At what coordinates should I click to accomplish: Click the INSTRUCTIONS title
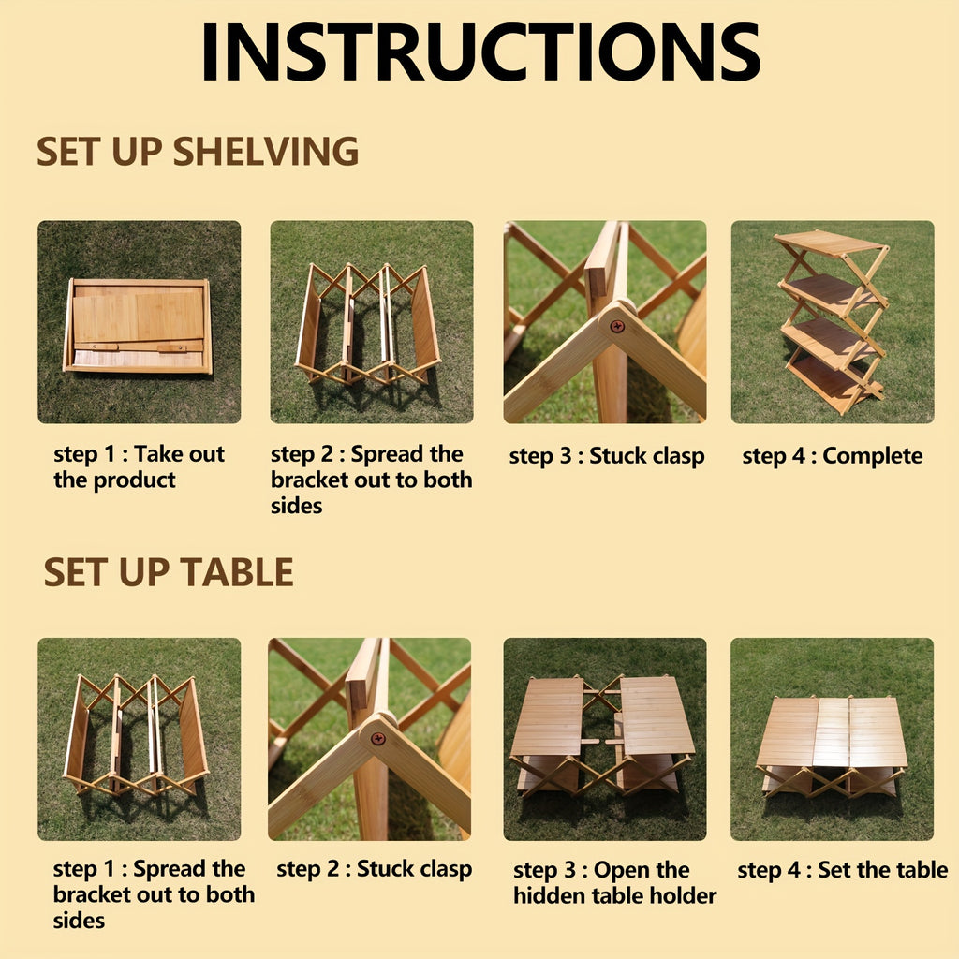click(479, 52)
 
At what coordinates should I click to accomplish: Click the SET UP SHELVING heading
click(198, 152)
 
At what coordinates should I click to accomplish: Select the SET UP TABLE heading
click(169, 572)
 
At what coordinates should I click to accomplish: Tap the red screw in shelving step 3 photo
click(617, 326)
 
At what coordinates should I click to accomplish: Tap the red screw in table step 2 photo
click(378, 739)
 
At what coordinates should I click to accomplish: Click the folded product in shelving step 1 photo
click(138, 326)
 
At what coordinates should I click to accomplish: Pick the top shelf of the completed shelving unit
click(829, 243)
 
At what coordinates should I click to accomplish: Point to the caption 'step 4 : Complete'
click(832, 456)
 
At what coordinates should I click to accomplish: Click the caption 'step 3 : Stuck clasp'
click(606, 456)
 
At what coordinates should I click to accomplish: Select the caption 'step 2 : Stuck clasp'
click(374, 869)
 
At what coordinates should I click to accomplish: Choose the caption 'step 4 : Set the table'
click(842, 870)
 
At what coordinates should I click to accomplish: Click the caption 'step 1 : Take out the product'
click(139, 467)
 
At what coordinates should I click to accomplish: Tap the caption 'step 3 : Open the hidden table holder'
click(613, 883)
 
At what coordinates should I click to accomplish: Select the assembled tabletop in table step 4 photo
click(832, 732)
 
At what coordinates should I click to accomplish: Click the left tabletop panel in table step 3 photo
click(549, 716)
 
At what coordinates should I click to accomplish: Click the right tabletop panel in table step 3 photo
click(656, 716)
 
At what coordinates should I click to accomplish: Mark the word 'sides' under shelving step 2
click(296, 507)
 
